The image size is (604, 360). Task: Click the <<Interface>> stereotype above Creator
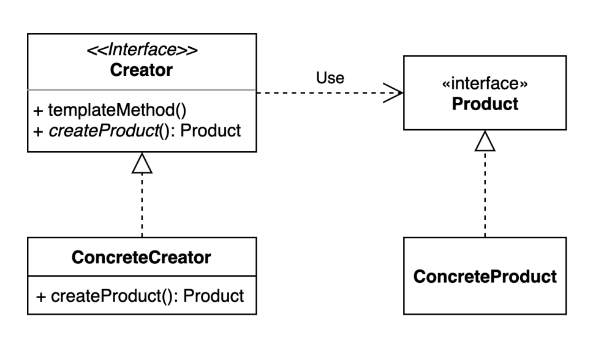tap(142, 50)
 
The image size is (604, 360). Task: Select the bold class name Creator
tap(142, 70)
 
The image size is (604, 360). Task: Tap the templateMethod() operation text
tap(117, 110)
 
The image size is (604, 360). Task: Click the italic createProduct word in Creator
tap(104, 131)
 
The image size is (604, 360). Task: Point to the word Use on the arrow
tap(330, 78)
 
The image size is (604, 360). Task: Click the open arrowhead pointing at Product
tap(393, 93)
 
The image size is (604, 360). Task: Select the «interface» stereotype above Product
tap(485, 83)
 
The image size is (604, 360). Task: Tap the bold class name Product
tap(485, 104)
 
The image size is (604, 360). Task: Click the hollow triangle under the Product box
tap(485, 141)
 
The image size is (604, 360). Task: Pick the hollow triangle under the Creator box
tap(142, 163)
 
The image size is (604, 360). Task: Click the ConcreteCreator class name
tap(142, 257)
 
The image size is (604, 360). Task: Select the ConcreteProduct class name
tap(485, 277)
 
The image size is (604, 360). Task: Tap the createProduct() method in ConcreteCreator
tap(115, 296)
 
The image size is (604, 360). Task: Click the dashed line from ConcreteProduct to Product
tap(485, 194)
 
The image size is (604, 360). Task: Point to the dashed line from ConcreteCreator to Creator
tap(142, 205)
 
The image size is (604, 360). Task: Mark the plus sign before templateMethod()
tap(38, 111)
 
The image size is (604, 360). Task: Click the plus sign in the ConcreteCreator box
tap(41, 297)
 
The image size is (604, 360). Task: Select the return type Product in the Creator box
tap(210, 131)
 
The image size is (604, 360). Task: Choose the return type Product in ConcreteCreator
tap(213, 296)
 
